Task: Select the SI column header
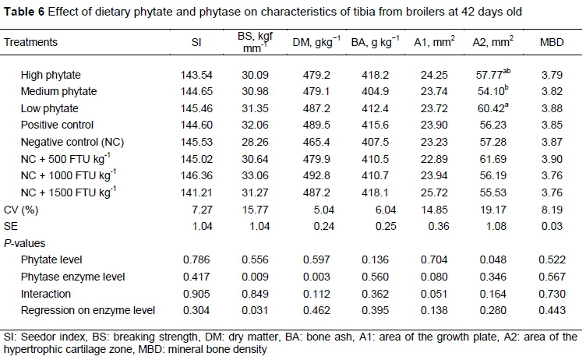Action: (197, 43)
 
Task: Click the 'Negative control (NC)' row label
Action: (70, 141)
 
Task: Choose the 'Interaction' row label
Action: (44, 295)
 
